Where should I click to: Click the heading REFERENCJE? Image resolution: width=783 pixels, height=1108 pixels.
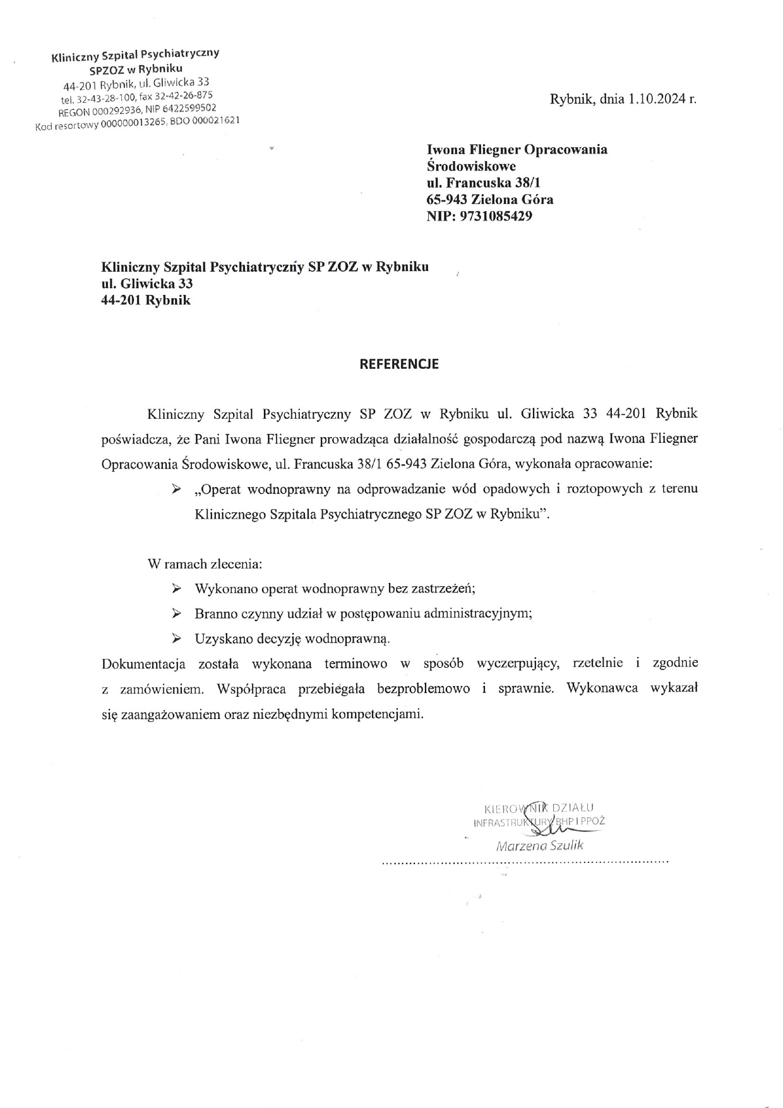[398, 364]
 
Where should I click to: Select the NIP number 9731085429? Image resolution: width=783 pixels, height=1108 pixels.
[496, 217]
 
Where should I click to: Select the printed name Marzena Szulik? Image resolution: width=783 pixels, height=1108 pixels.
[540, 845]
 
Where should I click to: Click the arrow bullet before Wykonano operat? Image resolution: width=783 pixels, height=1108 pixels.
[177, 589]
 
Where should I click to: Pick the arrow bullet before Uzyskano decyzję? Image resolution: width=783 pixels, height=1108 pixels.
[177, 639]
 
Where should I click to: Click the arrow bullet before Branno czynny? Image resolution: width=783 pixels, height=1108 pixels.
[177, 613]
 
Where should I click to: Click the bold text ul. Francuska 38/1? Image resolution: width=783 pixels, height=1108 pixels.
[484, 183]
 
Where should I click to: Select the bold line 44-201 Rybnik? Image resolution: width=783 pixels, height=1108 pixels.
[146, 301]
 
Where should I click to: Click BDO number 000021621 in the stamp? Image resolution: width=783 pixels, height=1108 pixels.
[216, 121]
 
